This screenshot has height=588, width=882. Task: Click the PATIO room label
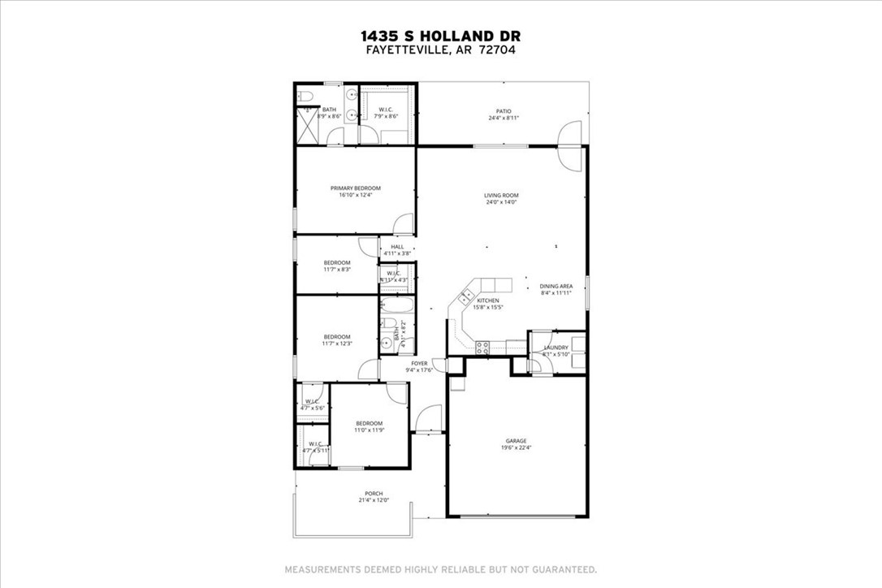[x=504, y=111]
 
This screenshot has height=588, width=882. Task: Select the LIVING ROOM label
[x=501, y=195]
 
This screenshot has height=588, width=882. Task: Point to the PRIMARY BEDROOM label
[x=355, y=188]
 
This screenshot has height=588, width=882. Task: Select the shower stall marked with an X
[x=306, y=129]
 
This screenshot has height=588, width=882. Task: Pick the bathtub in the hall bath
[x=399, y=309]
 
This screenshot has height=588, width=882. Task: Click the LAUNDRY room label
[x=556, y=348]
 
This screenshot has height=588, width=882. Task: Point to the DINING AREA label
[x=556, y=286]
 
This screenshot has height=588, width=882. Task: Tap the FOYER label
[x=419, y=363]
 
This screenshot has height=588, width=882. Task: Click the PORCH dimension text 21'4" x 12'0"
[x=374, y=500]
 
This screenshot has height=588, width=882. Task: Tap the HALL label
[x=397, y=247]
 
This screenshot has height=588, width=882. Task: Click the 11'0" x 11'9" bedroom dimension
[x=369, y=430]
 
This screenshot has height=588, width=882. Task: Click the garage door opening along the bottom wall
[x=517, y=517]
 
